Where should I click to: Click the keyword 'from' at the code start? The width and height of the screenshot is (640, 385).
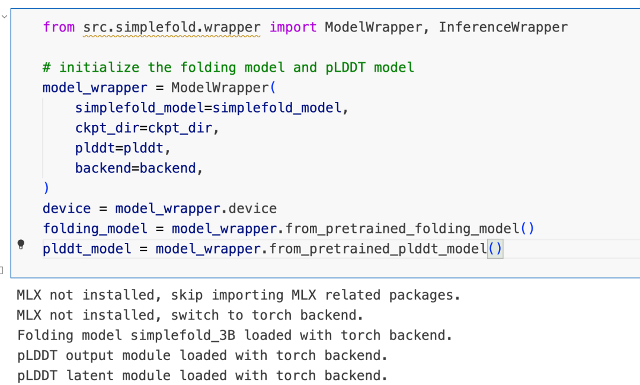[59, 27]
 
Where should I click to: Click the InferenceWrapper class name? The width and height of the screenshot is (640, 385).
[503, 27]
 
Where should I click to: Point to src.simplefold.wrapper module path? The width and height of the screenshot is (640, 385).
[172, 27]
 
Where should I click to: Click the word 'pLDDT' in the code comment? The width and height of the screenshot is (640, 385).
[346, 68]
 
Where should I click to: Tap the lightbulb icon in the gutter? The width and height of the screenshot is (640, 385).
[21, 245]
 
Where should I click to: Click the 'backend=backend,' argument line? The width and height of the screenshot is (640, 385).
[139, 168]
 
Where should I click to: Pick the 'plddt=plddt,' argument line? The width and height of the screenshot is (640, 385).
[123, 148]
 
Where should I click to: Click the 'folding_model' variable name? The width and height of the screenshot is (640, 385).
[95, 229]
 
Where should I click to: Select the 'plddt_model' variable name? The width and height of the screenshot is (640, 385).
[87, 249]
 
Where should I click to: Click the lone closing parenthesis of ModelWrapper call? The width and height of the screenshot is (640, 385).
[46, 188]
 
